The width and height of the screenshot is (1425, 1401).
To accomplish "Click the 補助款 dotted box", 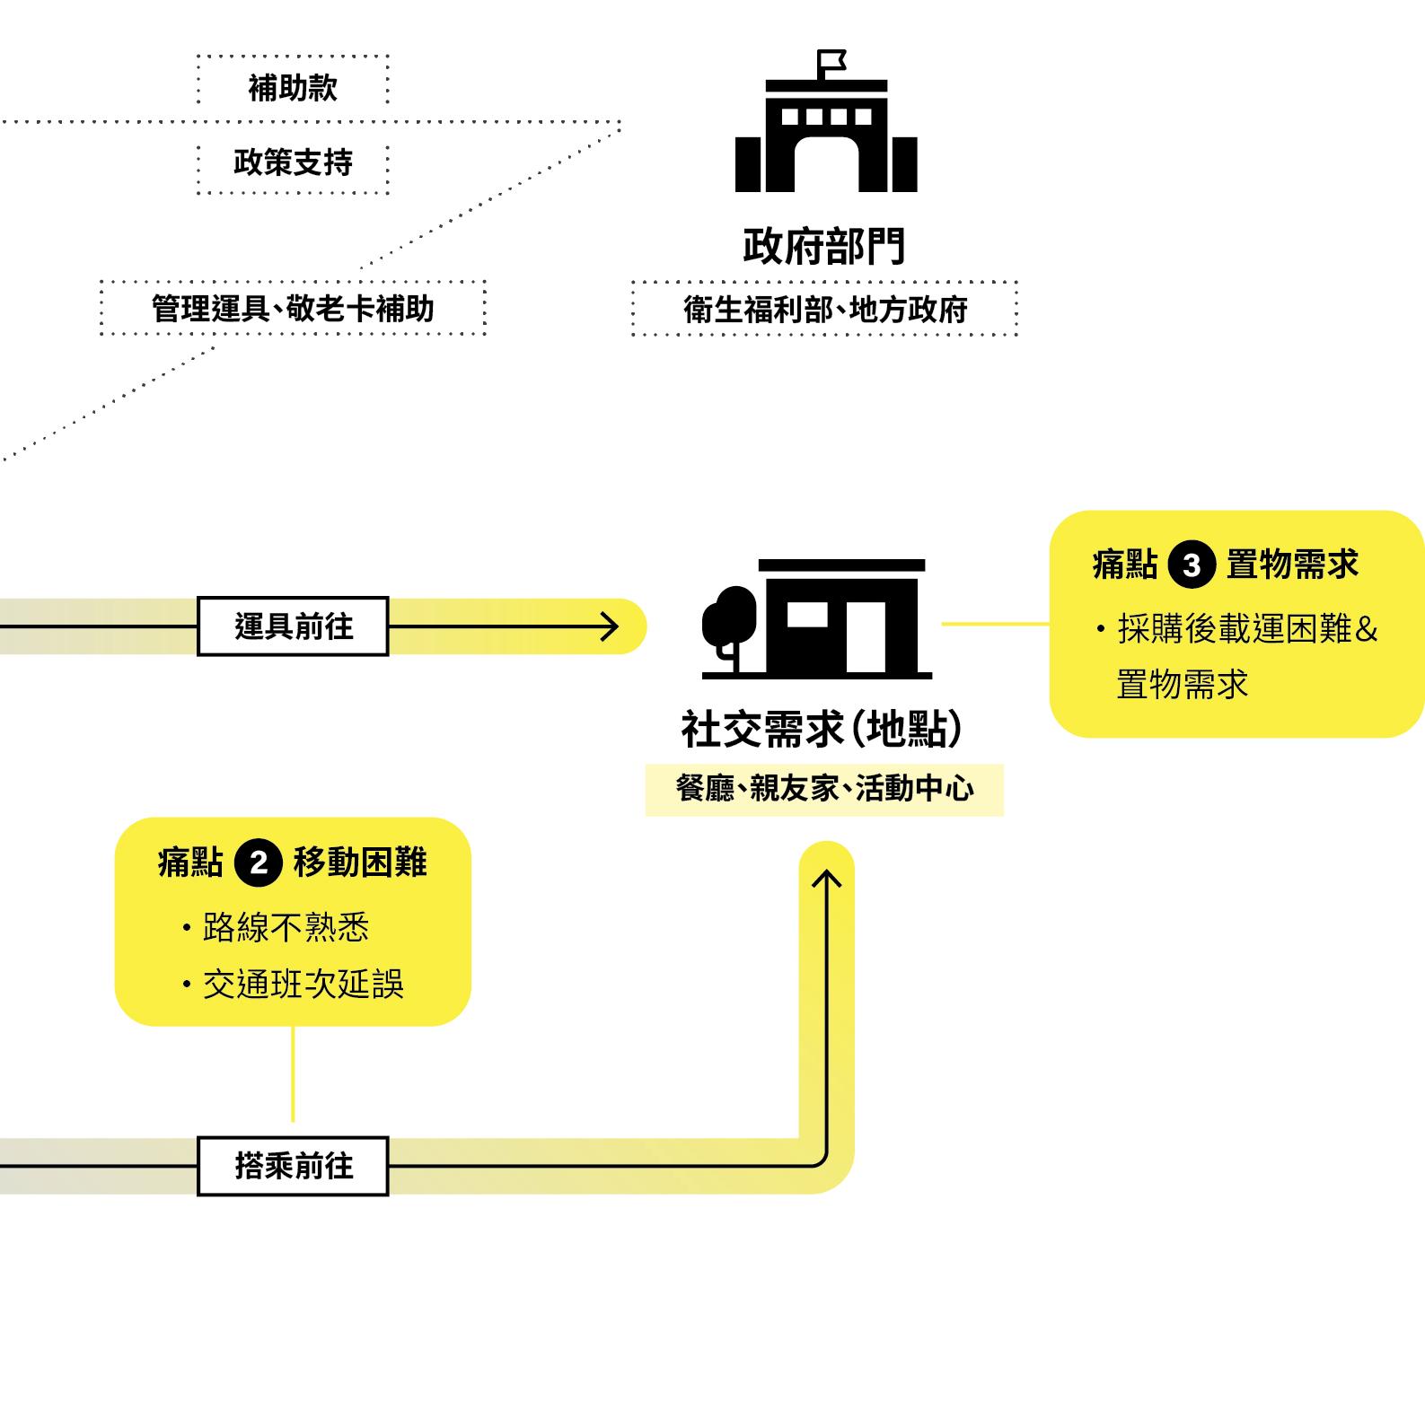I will [293, 88].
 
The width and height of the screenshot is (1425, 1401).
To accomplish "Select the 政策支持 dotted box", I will [293, 162].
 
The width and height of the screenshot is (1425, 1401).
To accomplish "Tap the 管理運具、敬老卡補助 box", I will [293, 309].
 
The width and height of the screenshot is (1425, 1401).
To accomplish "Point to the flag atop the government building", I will [831, 61].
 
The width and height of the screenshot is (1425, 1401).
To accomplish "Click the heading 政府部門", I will [824, 247].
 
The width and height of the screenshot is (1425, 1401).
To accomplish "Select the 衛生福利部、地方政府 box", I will [824, 310].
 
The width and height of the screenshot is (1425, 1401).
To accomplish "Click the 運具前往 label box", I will [293, 626].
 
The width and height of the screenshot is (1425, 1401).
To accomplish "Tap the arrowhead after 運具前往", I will [611, 626].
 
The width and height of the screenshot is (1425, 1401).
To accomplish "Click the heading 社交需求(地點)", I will [822, 729].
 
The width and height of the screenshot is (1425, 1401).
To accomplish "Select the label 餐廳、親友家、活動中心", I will [824, 789].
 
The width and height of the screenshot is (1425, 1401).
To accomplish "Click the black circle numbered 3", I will [1192, 565].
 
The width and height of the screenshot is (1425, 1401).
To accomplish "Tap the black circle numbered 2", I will [259, 863].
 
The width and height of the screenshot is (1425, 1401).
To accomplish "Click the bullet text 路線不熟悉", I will [286, 927].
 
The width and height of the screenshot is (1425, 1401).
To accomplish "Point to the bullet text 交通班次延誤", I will [303, 985].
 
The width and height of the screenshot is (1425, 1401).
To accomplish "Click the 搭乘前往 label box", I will [293, 1166].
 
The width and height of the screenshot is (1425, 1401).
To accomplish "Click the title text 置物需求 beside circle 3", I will [1292, 565].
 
